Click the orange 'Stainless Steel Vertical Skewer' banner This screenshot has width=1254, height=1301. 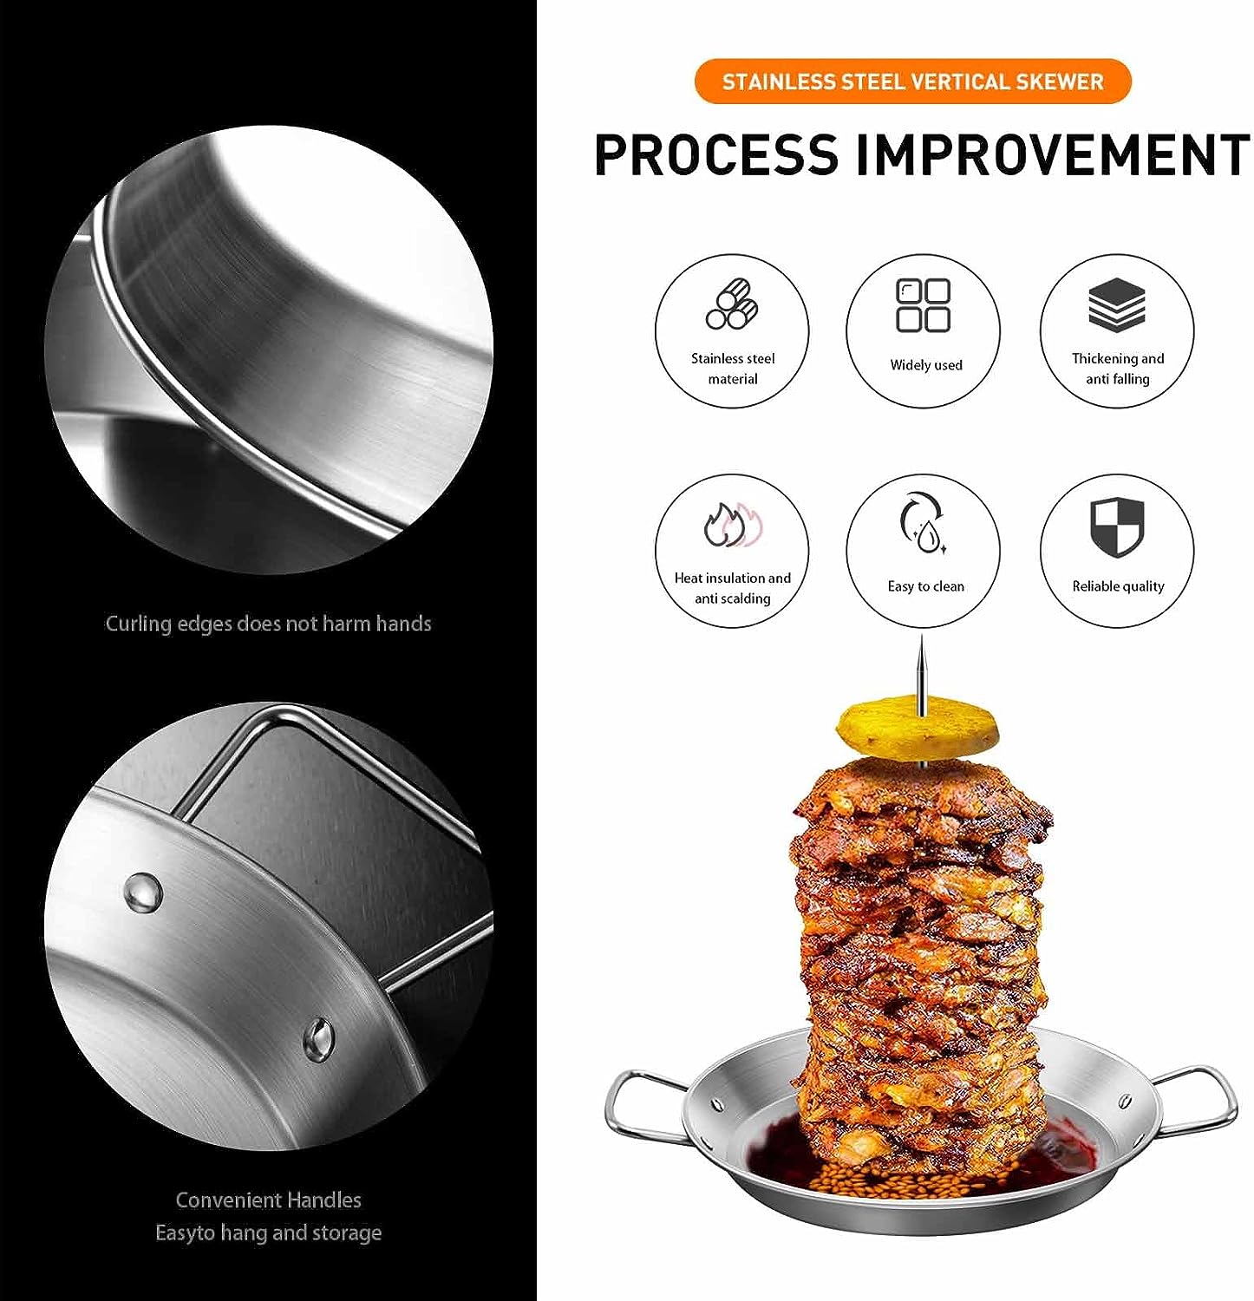(x=913, y=82)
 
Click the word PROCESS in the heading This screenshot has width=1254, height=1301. (x=716, y=154)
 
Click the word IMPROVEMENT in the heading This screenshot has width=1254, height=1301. (x=1053, y=154)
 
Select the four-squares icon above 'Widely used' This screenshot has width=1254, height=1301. (x=923, y=305)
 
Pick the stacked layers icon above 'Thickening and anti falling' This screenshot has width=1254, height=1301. (x=1117, y=304)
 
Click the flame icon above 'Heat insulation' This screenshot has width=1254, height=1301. (x=732, y=525)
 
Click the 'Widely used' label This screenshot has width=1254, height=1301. (x=926, y=365)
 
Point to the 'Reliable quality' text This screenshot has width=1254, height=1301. (x=1118, y=586)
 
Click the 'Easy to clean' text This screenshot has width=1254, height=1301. (x=925, y=586)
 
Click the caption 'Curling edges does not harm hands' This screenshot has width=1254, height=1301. (x=268, y=624)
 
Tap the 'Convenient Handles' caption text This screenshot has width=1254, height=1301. (x=268, y=1200)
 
